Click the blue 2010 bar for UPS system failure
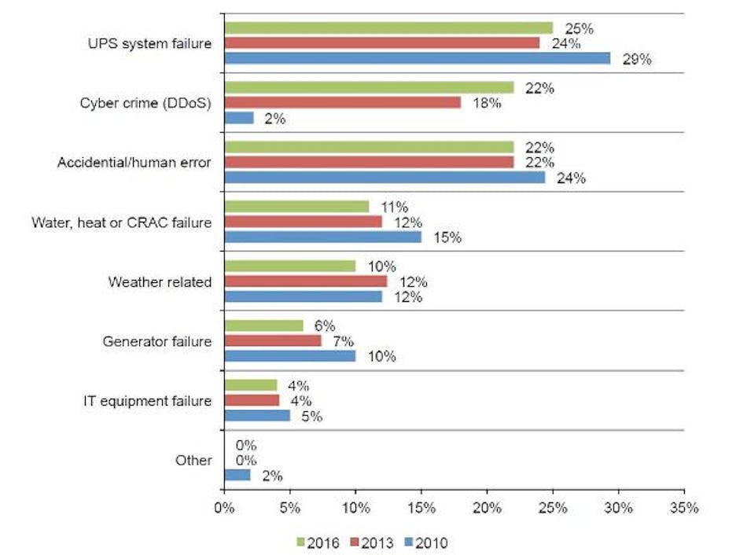tap(417, 58)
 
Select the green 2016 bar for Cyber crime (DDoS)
tap(369, 88)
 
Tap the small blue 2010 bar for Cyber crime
tap(239, 118)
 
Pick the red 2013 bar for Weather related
tap(306, 281)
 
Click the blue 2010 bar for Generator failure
tap(290, 356)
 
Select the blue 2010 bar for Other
tap(237, 475)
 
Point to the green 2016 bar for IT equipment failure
tap(251, 385)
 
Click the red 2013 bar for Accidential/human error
tap(369, 162)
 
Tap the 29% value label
tap(636, 59)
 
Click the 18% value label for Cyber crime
tap(486, 103)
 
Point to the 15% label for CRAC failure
tap(447, 237)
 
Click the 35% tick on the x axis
tap(683, 508)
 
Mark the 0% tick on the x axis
tap(225, 508)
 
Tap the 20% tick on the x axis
tap(487, 508)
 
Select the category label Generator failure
tap(157, 341)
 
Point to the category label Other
tap(194, 460)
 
